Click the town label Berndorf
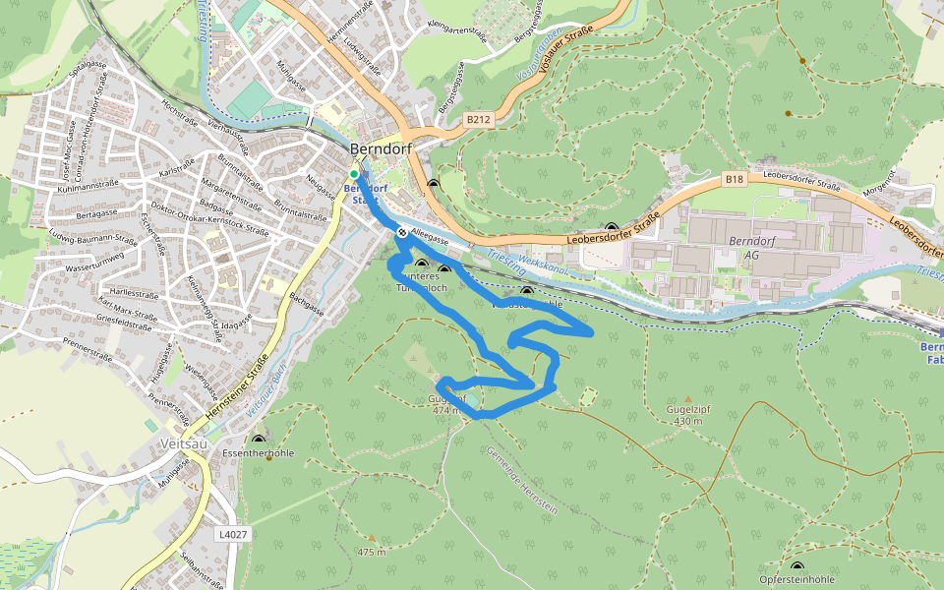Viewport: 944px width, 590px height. [381, 149]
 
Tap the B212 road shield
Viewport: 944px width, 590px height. [478, 120]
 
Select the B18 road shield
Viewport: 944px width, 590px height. [735, 179]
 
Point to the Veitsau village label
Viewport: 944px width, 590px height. [183, 443]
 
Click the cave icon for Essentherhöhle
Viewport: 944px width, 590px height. [259, 441]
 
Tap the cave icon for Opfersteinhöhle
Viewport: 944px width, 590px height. [796, 567]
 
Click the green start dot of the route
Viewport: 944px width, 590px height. [354, 174]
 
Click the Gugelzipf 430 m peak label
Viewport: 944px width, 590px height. [687, 414]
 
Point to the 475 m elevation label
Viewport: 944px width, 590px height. [372, 552]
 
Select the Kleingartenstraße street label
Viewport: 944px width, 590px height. [457, 29]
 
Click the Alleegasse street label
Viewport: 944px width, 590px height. [431, 236]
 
